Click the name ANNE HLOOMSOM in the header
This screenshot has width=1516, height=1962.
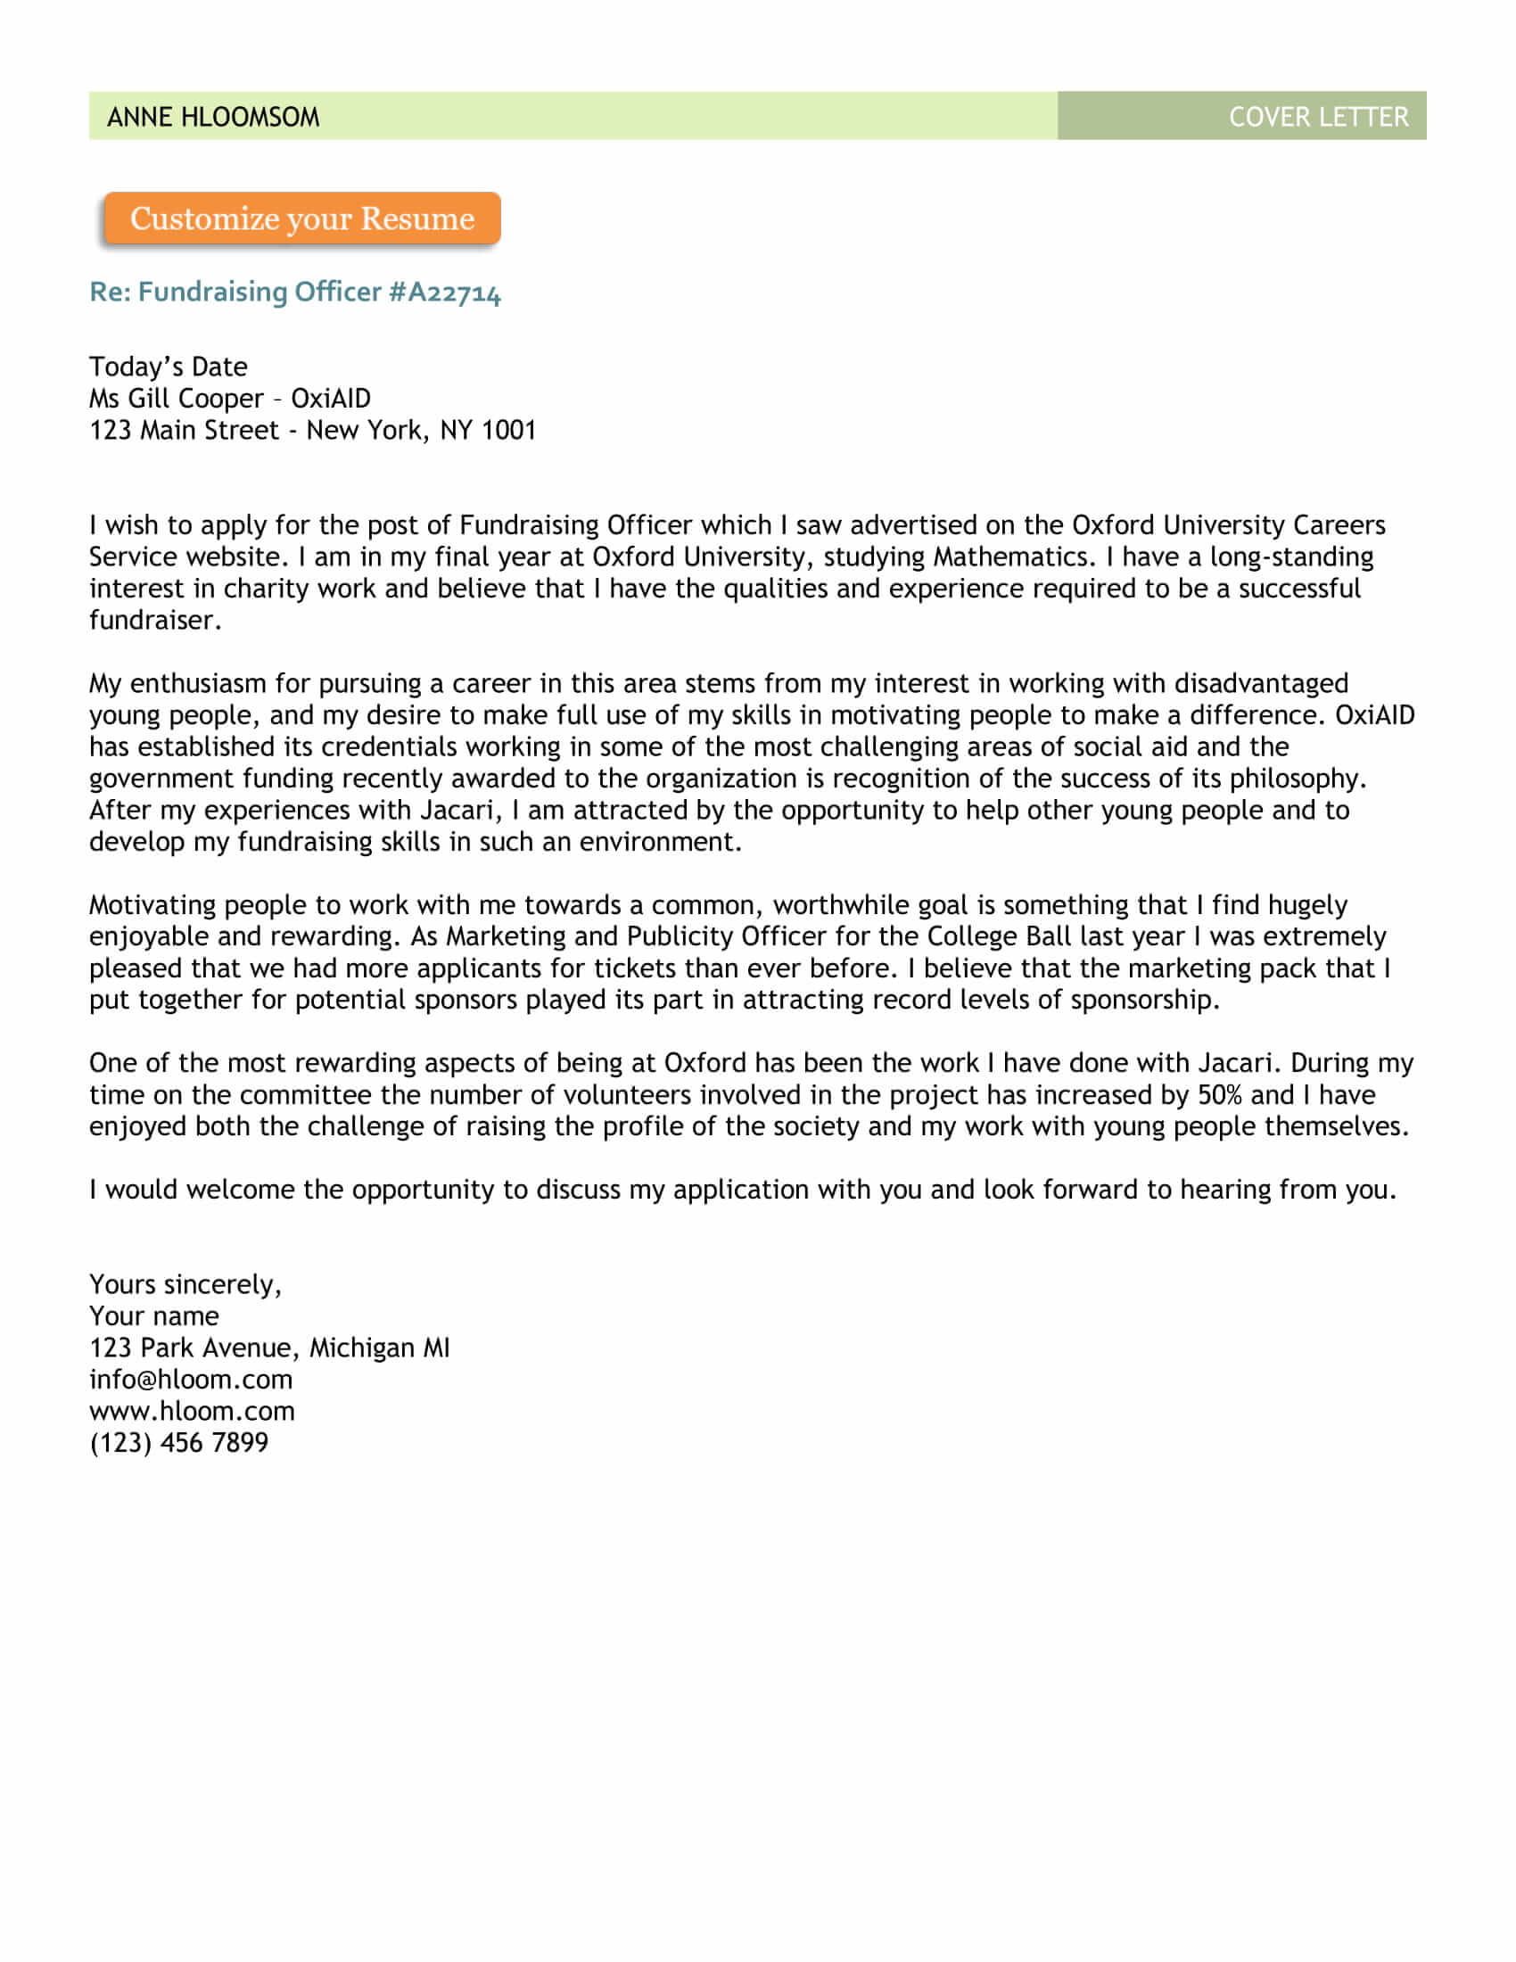coord(213,117)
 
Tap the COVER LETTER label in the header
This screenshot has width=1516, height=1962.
coord(1317,117)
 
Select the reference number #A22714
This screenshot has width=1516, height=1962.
coord(445,292)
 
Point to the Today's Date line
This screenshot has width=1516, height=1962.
coord(168,367)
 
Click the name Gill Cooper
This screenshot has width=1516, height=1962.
coord(196,398)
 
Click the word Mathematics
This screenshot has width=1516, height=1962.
coord(1014,557)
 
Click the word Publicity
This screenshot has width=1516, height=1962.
coord(679,936)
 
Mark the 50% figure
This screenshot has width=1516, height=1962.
coord(1220,1095)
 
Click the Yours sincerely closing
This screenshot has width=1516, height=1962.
coord(185,1284)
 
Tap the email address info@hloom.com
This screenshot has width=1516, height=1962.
coord(191,1379)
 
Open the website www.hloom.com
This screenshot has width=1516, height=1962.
coord(192,1411)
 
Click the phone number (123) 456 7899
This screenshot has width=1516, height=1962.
coord(178,1443)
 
